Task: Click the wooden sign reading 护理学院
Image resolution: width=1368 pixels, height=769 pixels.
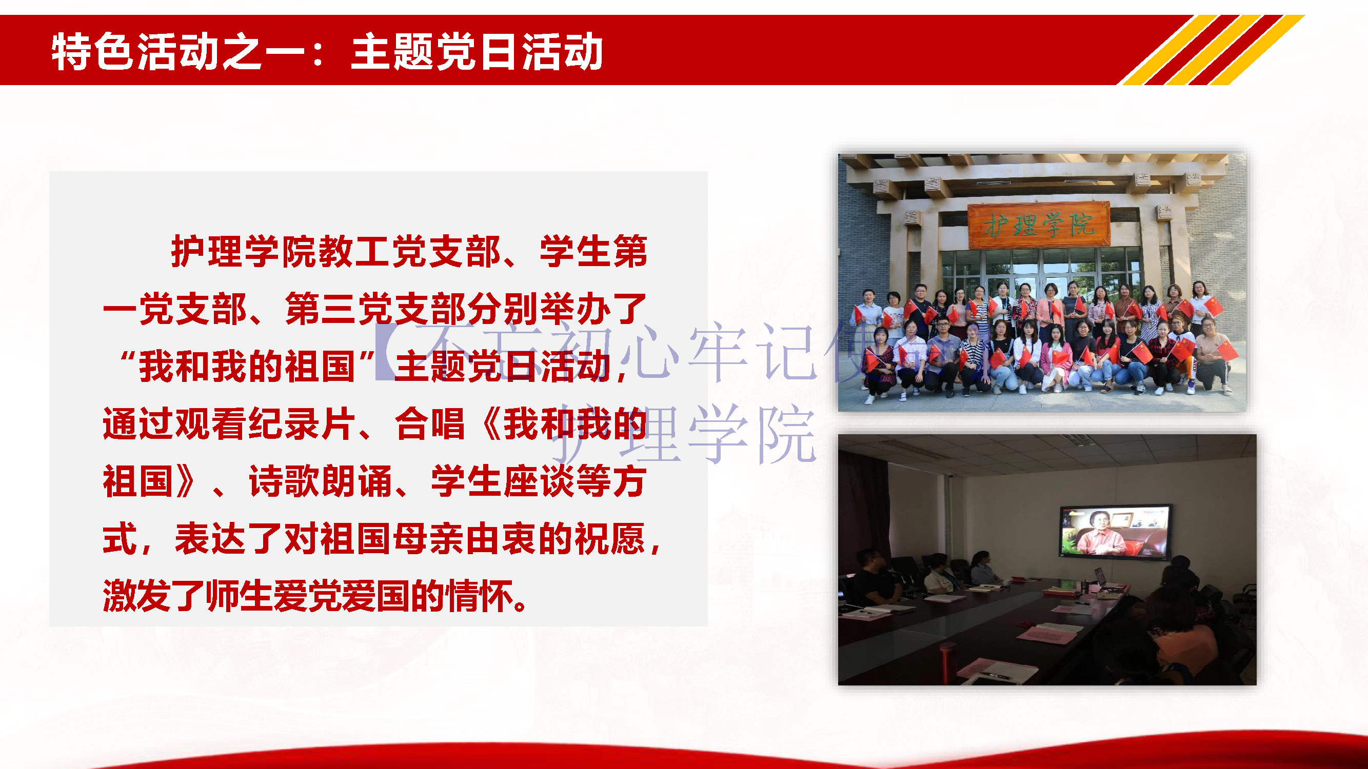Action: tap(1038, 225)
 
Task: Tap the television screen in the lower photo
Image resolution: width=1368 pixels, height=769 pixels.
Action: tap(1114, 532)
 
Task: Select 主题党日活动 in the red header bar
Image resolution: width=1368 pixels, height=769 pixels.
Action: tap(477, 52)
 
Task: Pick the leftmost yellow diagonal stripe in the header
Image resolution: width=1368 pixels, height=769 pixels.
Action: tap(1168, 50)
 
